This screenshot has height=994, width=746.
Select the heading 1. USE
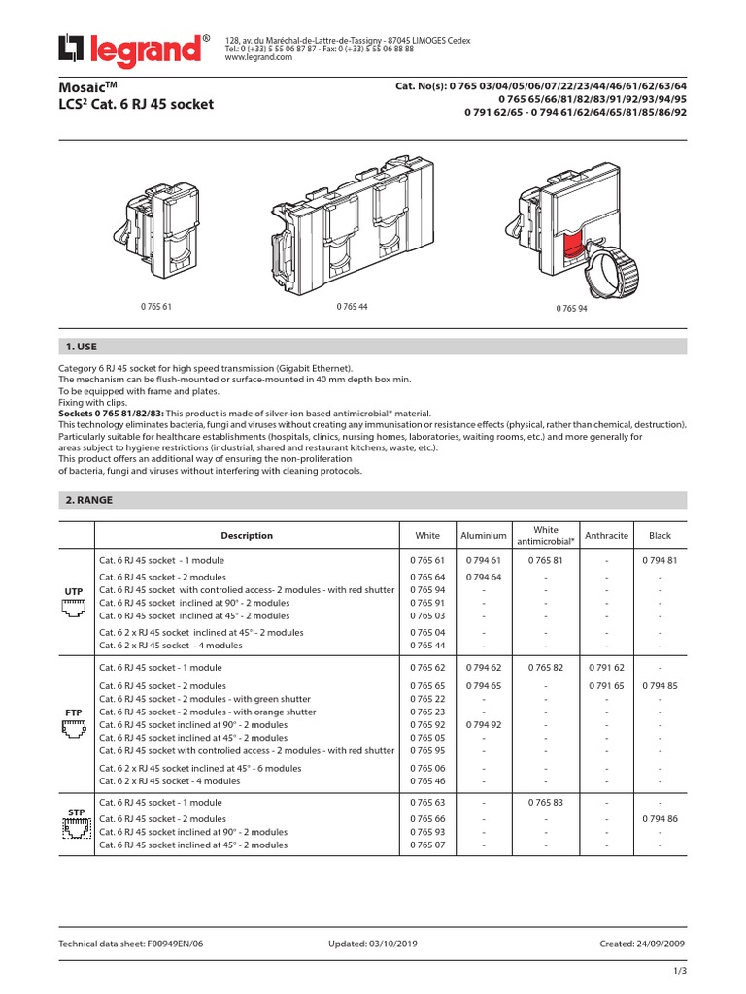[81, 347]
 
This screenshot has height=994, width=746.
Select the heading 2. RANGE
[87, 500]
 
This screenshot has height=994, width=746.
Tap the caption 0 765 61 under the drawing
[156, 307]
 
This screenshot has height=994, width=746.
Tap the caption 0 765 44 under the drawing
[351, 307]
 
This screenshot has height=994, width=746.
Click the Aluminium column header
[484, 535]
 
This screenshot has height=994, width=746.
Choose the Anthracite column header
[607, 535]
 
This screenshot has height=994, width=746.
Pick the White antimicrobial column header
[546, 535]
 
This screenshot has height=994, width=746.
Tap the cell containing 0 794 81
[660, 561]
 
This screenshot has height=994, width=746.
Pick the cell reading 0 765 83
[546, 803]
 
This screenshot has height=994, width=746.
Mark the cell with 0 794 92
[484, 724]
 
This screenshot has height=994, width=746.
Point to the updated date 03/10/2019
[390, 944]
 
